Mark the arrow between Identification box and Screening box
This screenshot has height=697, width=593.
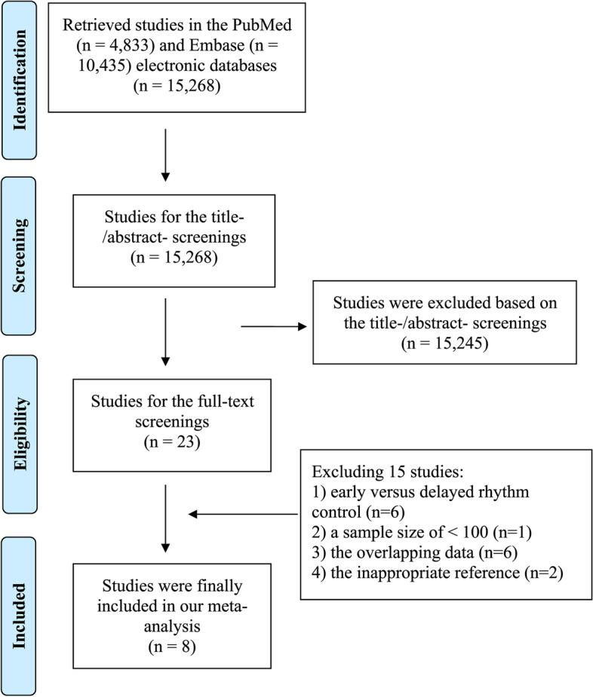(165, 154)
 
